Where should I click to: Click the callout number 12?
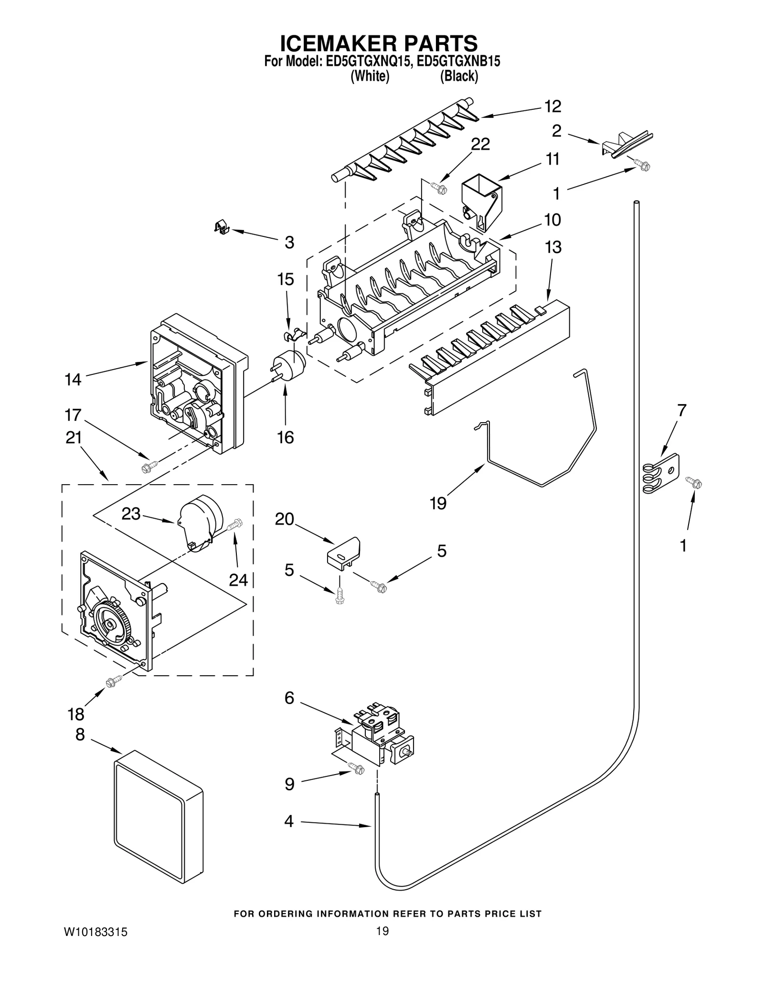click(552, 106)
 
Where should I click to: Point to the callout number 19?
click(438, 503)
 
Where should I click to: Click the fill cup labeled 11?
click(481, 201)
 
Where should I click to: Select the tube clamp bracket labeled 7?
click(661, 474)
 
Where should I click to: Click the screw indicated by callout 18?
click(112, 682)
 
